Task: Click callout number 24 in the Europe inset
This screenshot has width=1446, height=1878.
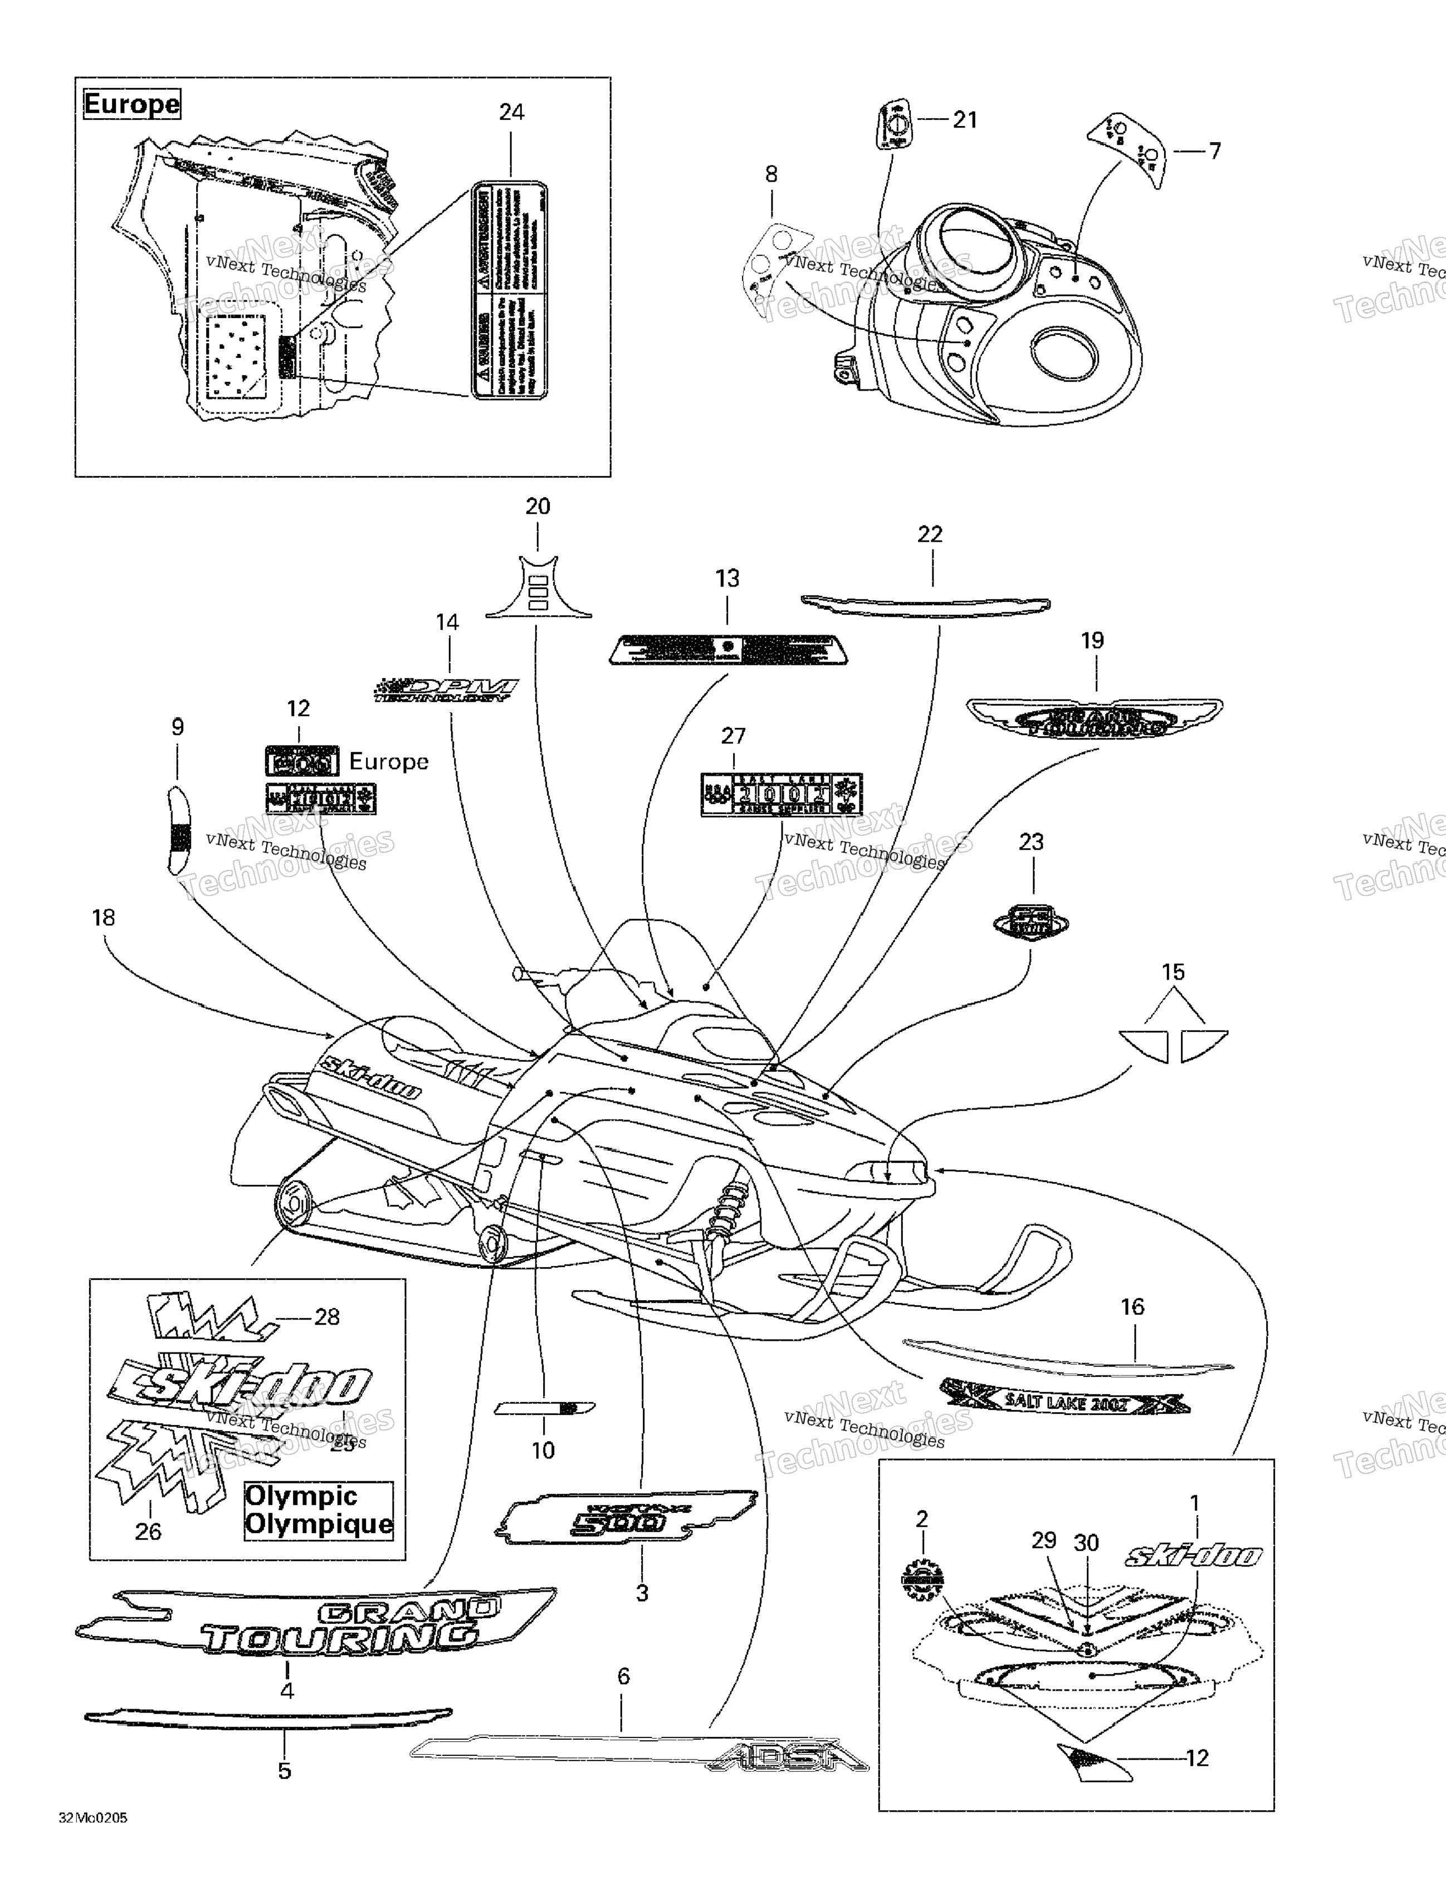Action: (x=511, y=113)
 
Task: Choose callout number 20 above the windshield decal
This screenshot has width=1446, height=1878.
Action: (x=538, y=507)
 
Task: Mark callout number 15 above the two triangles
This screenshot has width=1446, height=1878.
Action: (x=1173, y=972)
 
